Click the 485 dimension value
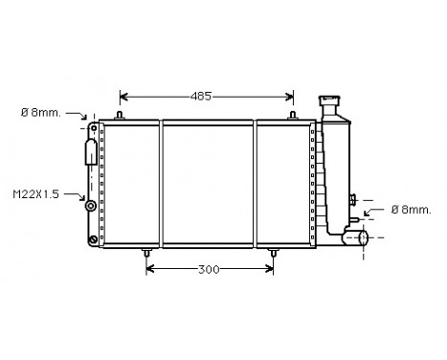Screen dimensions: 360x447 coord(199,96)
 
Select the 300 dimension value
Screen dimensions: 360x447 coord(209,269)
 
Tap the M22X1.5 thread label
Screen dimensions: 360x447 coord(35,193)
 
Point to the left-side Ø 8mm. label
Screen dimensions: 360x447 coord(40,112)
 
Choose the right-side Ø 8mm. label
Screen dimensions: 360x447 coord(410,209)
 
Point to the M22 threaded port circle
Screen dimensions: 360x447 coord(91,204)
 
